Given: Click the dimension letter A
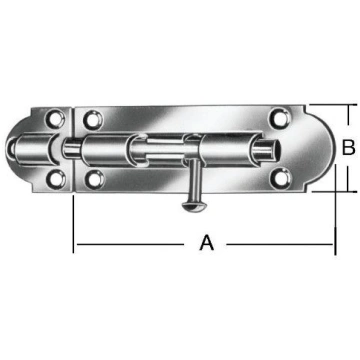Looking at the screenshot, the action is [x=207, y=243].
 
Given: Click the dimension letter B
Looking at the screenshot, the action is [x=349, y=148].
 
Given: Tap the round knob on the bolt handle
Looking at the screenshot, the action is [x=192, y=206].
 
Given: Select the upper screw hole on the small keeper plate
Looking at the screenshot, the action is [x=55, y=119].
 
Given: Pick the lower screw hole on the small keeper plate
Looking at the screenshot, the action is [x=56, y=179].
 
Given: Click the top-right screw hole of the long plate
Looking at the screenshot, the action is [x=278, y=118].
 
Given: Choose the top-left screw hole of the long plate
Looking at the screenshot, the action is [x=93, y=119].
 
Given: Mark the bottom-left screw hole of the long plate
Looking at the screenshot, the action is [x=95, y=179].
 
